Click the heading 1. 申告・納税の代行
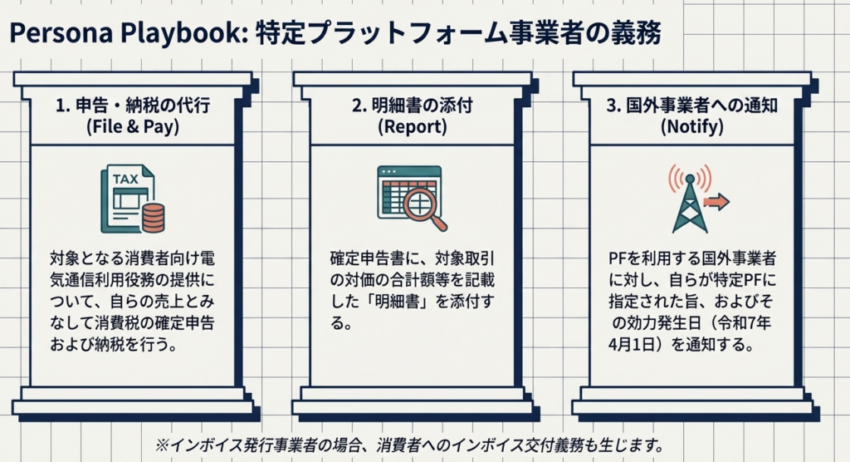click(134, 107)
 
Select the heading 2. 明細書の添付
click(413, 107)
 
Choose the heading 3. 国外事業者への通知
click(691, 107)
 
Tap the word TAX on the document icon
click(125, 179)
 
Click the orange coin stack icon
click(153, 219)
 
